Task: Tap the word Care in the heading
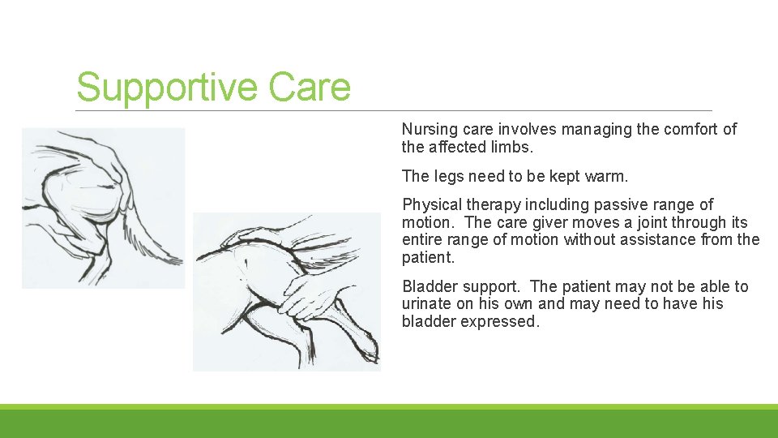coord(310,88)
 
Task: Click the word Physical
coord(430,205)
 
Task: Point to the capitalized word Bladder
coord(428,287)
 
